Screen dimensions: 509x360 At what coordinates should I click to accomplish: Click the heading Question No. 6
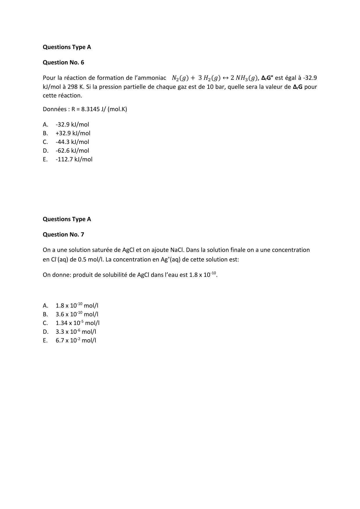coord(63,62)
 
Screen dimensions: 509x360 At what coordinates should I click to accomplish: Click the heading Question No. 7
coord(63,234)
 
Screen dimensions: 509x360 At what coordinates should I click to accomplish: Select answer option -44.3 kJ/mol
coord(72,142)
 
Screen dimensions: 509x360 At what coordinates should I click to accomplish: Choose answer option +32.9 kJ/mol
coord(73,133)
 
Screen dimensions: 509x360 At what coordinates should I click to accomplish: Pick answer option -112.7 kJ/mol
coord(74,159)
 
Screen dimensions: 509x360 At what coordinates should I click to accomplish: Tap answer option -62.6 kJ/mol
coord(72,151)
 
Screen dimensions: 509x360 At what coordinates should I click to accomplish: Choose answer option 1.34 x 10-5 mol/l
coord(77,323)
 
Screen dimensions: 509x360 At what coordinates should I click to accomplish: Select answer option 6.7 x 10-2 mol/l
coord(76,340)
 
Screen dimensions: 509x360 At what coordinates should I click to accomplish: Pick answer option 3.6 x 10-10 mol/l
coord(77,314)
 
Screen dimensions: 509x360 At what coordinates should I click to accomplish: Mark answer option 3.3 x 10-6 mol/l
coord(76,332)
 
